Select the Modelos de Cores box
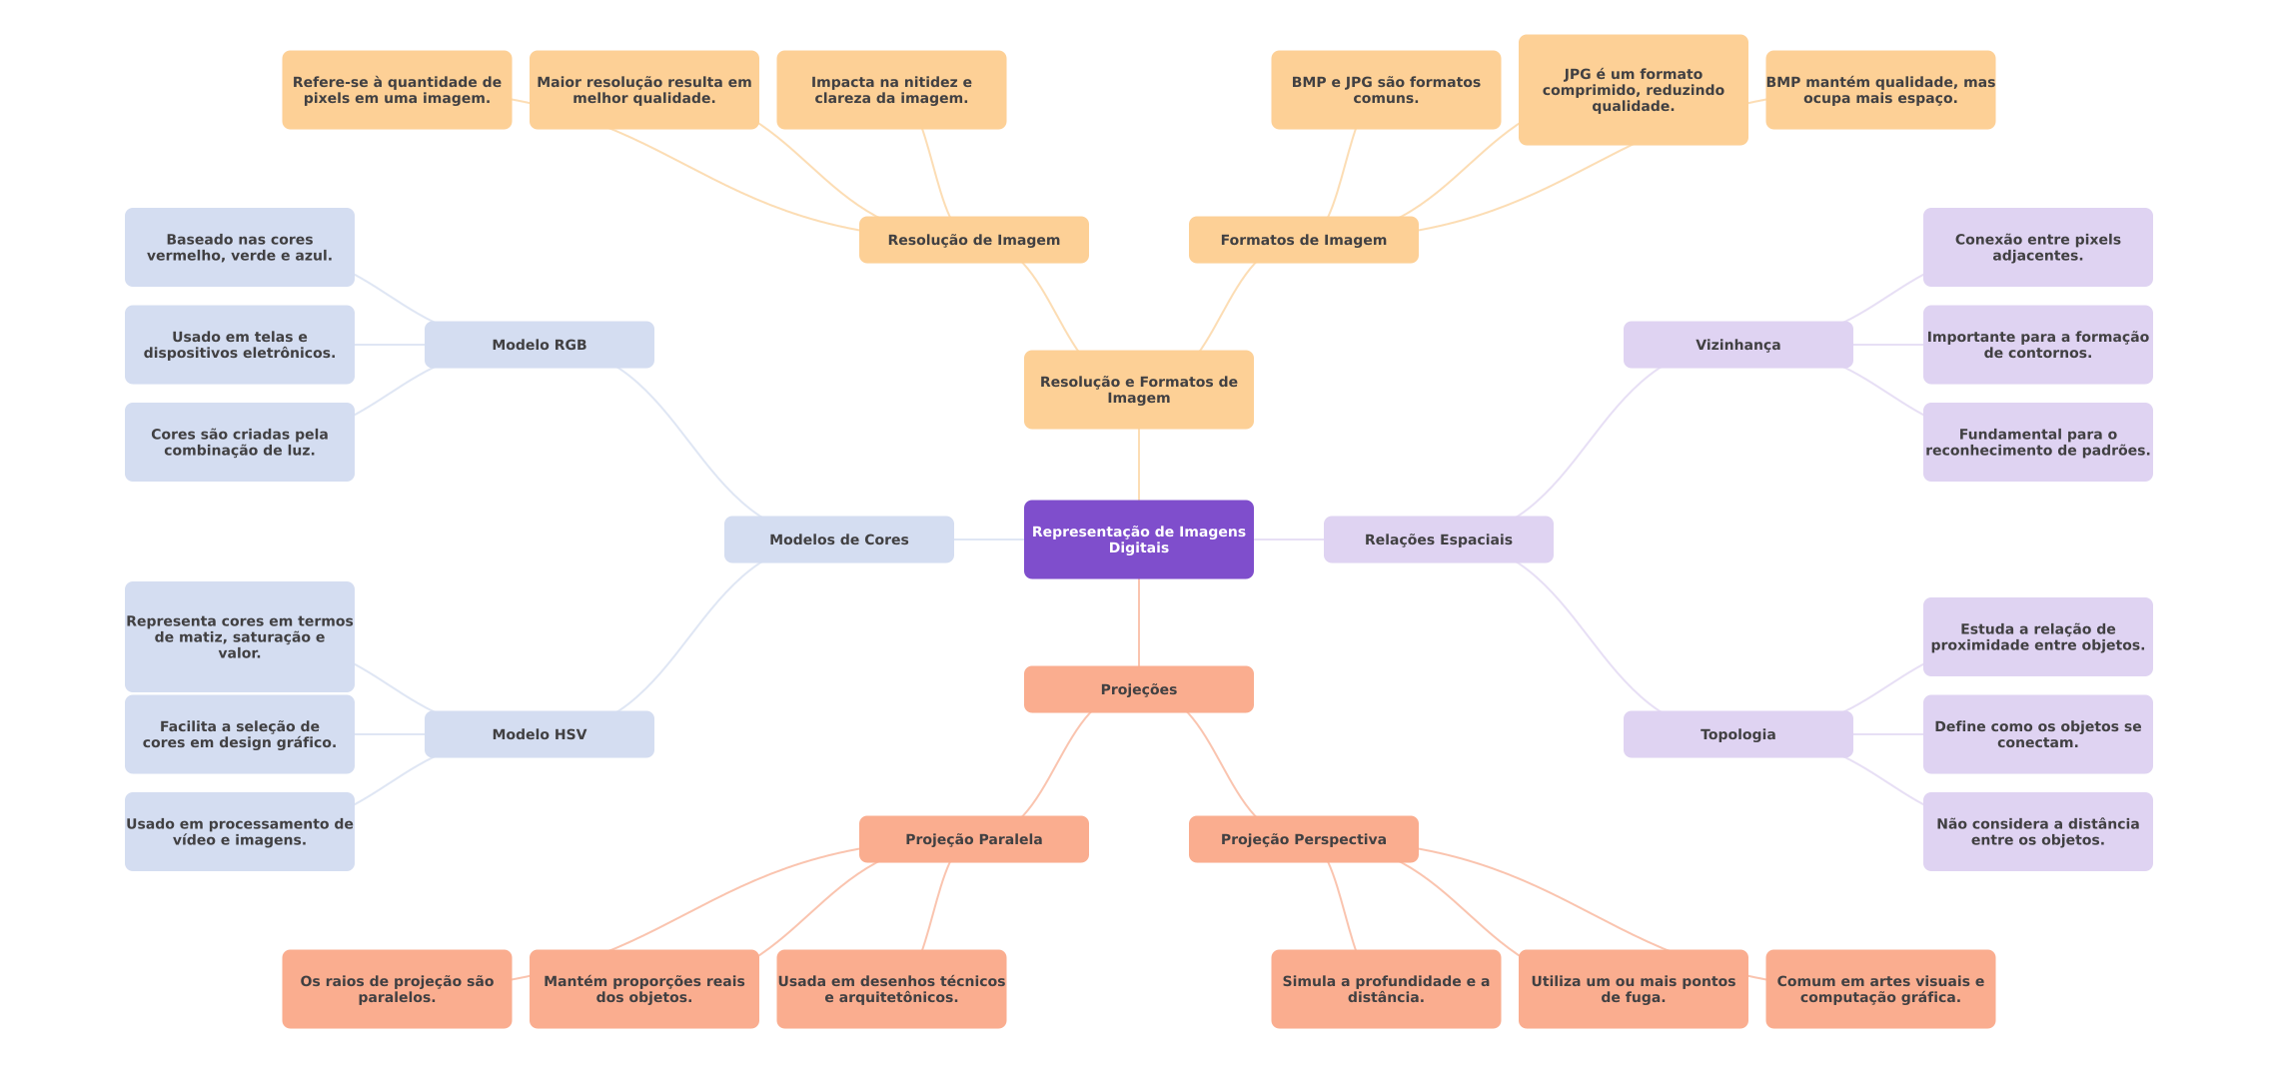click(838, 539)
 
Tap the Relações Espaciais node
click(1438, 539)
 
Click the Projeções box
click(1138, 689)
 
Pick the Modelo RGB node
click(539, 345)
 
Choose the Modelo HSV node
click(539, 734)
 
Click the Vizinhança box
click(1737, 345)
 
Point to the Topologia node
click(1737, 734)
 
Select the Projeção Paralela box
click(973, 839)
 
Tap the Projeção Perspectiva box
click(1303, 839)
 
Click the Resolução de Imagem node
click(973, 240)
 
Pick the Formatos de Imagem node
click(1303, 240)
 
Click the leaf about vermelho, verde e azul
click(239, 248)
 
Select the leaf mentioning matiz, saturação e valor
click(239, 636)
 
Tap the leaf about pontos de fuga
click(1633, 989)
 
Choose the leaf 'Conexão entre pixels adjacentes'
click(2037, 248)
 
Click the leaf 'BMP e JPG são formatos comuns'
click(1385, 90)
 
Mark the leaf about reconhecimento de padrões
click(2037, 443)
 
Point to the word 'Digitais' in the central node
click(1138, 548)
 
